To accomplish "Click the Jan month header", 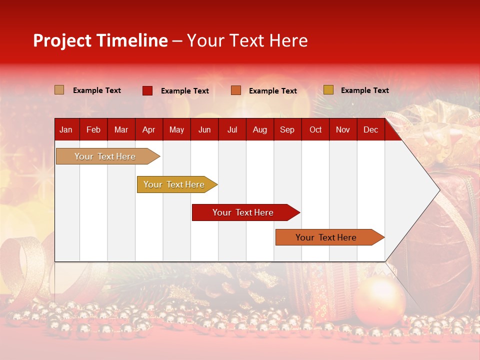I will [66, 130].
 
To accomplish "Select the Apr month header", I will [149, 130].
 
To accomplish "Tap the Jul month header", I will [232, 130].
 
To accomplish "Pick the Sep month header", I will [287, 130].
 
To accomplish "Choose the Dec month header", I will [370, 130].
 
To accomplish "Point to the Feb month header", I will [93, 130].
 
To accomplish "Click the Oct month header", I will [315, 130].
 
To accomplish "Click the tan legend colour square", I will [59, 90].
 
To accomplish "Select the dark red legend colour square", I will [147, 90].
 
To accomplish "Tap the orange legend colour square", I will [236, 90].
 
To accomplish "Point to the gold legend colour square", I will [328, 90].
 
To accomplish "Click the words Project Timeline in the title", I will [100, 40].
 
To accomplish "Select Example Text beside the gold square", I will [364, 90].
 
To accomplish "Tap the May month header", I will [176, 130].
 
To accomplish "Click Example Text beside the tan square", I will [97, 90].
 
